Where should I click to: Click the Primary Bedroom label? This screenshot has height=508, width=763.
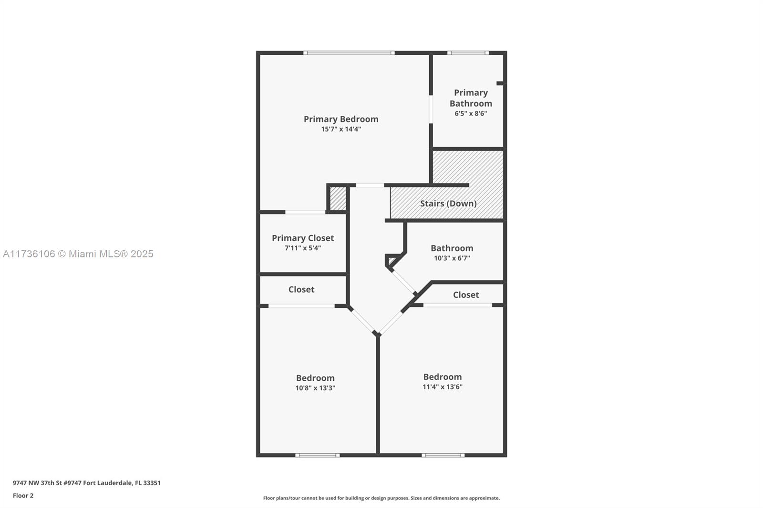pyautogui.click(x=341, y=119)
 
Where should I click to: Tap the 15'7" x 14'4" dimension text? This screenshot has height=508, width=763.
pyautogui.click(x=341, y=129)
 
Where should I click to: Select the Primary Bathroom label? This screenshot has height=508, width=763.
pyautogui.click(x=471, y=98)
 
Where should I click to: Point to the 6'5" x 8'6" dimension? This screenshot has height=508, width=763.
pyautogui.click(x=471, y=113)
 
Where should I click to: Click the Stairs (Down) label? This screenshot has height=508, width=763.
pyautogui.click(x=448, y=203)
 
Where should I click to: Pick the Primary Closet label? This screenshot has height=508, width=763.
pyautogui.click(x=303, y=238)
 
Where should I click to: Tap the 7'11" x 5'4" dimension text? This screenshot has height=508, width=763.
pyautogui.click(x=303, y=248)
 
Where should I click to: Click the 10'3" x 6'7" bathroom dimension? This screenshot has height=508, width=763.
pyautogui.click(x=452, y=258)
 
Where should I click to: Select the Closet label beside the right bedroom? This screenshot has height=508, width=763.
pyautogui.click(x=466, y=295)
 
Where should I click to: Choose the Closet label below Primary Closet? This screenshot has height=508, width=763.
pyautogui.click(x=301, y=289)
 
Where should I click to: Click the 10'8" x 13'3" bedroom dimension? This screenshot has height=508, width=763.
pyautogui.click(x=315, y=388)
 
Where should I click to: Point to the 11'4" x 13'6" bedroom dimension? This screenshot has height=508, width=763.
pyautogui.click(x=443, y=387)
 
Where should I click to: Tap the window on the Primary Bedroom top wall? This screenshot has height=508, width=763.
pyautogui.click(x=349, y=53)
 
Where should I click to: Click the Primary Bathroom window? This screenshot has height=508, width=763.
pyautogui.click(x=468, y=53)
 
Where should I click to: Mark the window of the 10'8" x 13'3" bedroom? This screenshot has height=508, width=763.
pyautogui.click(x=318, y=455)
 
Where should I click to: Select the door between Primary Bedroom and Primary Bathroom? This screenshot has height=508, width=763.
pyautogui.click(x=431, y=109)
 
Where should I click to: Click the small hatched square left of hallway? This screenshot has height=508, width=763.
pyautogui.click(x=338, y=199)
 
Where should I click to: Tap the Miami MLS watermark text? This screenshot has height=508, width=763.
pyautogui.click(x=78, y=254)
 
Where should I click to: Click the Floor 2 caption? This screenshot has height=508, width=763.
pyautogui.click(x=23, y=496)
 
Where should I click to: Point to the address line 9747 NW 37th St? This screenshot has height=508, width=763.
pyautogui.click(x=86, y=483)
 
